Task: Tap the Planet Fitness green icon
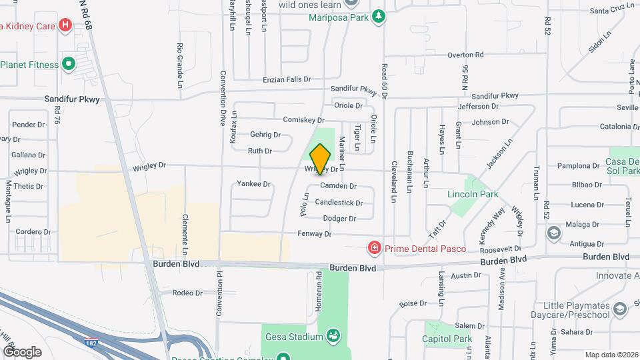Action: point(68,65)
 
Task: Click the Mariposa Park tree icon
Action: point(379,16)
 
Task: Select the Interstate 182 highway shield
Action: point(92,342)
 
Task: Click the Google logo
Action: point(22,351)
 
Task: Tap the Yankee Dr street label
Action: point(253,184)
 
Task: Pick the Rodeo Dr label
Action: point(187,293)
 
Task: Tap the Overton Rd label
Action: point(465,55)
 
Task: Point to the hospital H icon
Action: point(65,26)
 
